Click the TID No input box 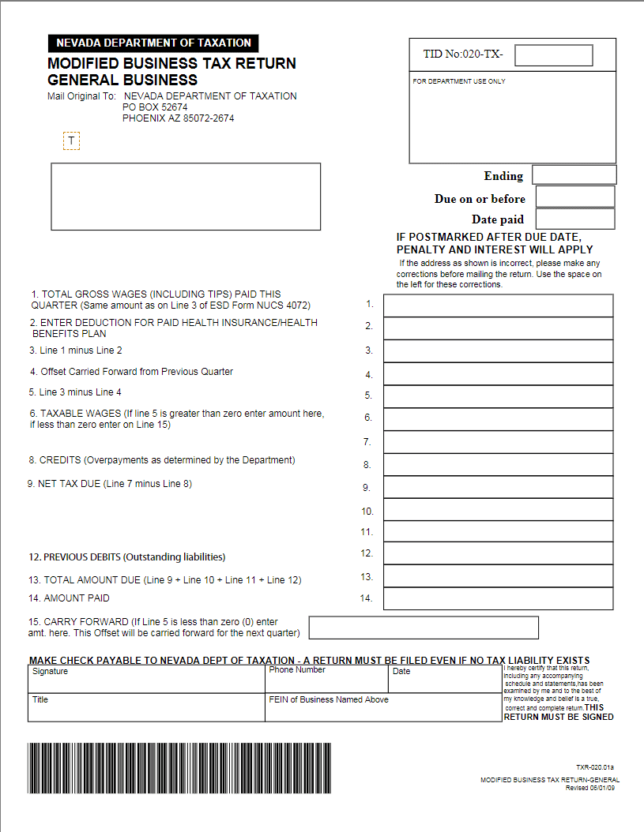point(553,55)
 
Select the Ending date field point(574,174)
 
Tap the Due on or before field point(574,197)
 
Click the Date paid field point(574,219)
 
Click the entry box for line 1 point(498,305)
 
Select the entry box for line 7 point(498,442)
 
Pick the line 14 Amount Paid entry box point(498,598)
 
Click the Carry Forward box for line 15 point(424,628)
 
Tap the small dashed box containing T point(71,141)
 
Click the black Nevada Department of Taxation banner point(153,43)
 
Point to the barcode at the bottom point(179,768)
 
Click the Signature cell point(146,680)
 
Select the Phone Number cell point(326,680)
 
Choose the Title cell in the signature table point(146,708)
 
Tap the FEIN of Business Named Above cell point(383,708)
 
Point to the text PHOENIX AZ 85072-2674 point(178,118)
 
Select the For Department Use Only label point(459,81)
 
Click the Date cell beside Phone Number point(445,680)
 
